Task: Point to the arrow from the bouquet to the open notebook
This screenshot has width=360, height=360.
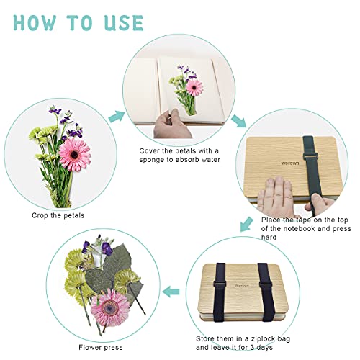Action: (115, 117)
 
